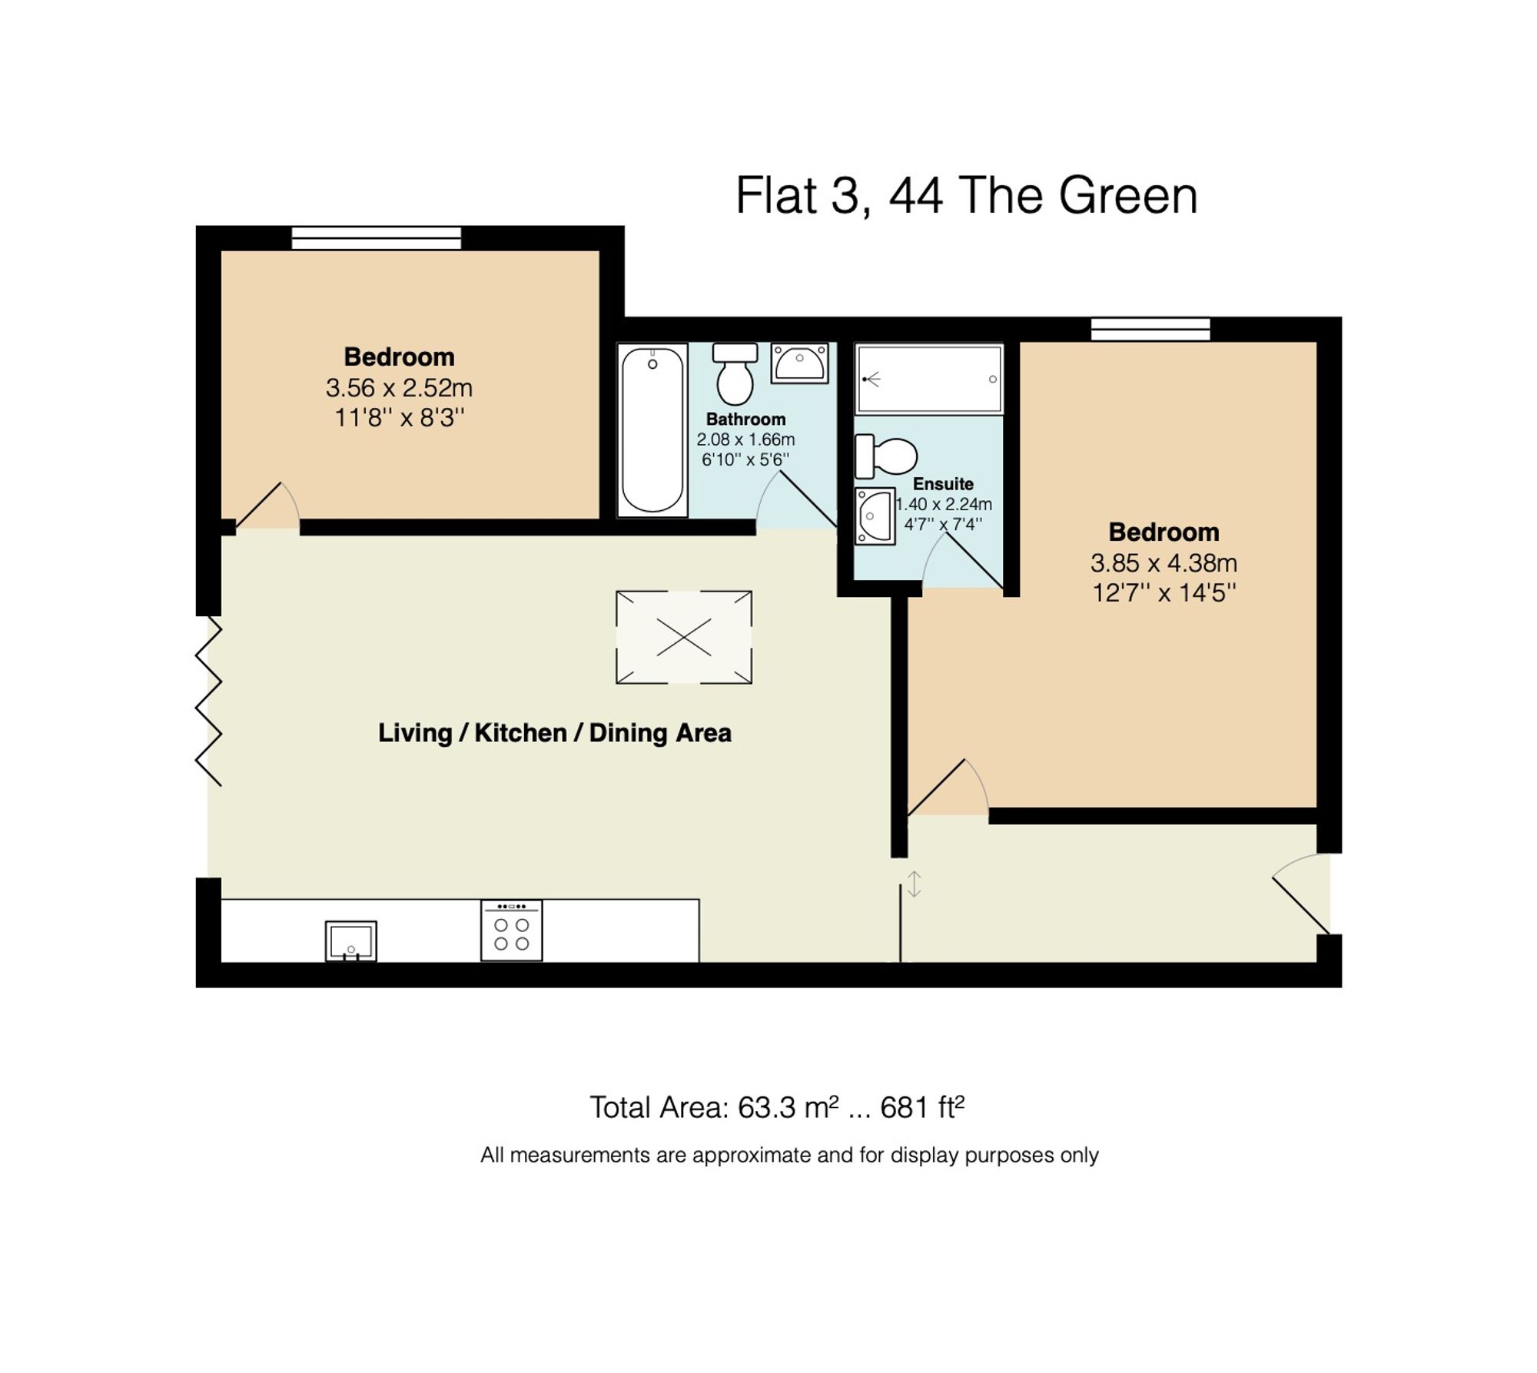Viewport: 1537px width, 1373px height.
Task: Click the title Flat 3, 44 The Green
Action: point(966,195)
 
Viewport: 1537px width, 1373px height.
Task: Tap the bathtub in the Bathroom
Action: point(652,430)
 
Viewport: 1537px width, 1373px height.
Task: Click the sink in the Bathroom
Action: point(799,363)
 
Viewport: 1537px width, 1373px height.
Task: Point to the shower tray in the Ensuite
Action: point(928,379)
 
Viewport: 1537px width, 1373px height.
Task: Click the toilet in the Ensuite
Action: point(886,456)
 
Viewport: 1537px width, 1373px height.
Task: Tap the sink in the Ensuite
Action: point(875,516)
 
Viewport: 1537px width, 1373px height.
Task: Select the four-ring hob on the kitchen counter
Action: point(511,930)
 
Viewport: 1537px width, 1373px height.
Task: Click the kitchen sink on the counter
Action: point(350,940)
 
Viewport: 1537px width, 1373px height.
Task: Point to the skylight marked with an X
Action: point(683,637)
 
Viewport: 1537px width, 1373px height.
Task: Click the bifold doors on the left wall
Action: point(209,701)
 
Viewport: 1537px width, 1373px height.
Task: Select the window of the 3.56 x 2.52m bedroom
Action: point(376,238)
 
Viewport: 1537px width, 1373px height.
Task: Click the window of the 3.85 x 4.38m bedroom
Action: point(1150,330)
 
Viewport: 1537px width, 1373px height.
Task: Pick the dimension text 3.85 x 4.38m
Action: point(1164,563)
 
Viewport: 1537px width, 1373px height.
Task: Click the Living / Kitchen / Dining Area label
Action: point(554,733)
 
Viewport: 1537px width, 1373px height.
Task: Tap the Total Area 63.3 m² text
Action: point(776,1107)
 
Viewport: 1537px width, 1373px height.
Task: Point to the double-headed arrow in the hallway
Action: point(914,884)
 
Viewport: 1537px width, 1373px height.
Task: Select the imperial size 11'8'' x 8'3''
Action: point(399,418)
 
